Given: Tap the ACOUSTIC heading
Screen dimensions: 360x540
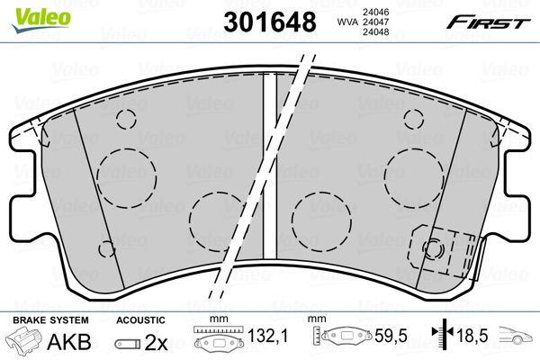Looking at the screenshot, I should pos(141,320).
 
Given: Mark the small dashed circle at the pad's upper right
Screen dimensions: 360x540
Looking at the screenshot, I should pos(413,118).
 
